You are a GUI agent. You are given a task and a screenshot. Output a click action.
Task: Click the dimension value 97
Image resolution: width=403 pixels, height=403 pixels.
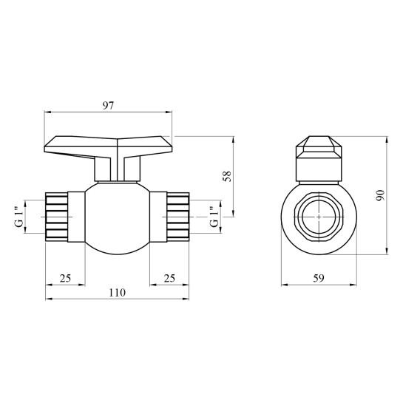tap(108, 106)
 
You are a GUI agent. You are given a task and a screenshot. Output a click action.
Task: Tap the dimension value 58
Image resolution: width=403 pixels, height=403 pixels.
tap(227, 176)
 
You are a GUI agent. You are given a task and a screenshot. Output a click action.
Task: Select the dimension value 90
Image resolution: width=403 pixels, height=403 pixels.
tap(380, 196)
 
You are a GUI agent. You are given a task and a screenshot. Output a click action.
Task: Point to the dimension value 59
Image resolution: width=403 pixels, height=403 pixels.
tap(319, 278)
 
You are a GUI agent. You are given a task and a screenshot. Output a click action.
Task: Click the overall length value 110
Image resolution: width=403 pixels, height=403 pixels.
tap(117, 293)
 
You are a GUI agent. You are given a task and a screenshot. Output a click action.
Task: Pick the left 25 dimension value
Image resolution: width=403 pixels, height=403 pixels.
tap(65, 278)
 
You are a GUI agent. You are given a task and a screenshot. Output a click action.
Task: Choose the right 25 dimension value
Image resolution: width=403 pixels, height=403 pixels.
tap(169, 278)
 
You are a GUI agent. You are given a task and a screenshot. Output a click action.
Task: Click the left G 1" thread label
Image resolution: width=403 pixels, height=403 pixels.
tap(19, 217)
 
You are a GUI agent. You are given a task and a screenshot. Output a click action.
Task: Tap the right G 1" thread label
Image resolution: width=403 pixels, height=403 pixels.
tap(214, 217)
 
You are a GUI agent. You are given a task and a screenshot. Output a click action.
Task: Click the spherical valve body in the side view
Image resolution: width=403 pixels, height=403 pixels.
tap(117, 218)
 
